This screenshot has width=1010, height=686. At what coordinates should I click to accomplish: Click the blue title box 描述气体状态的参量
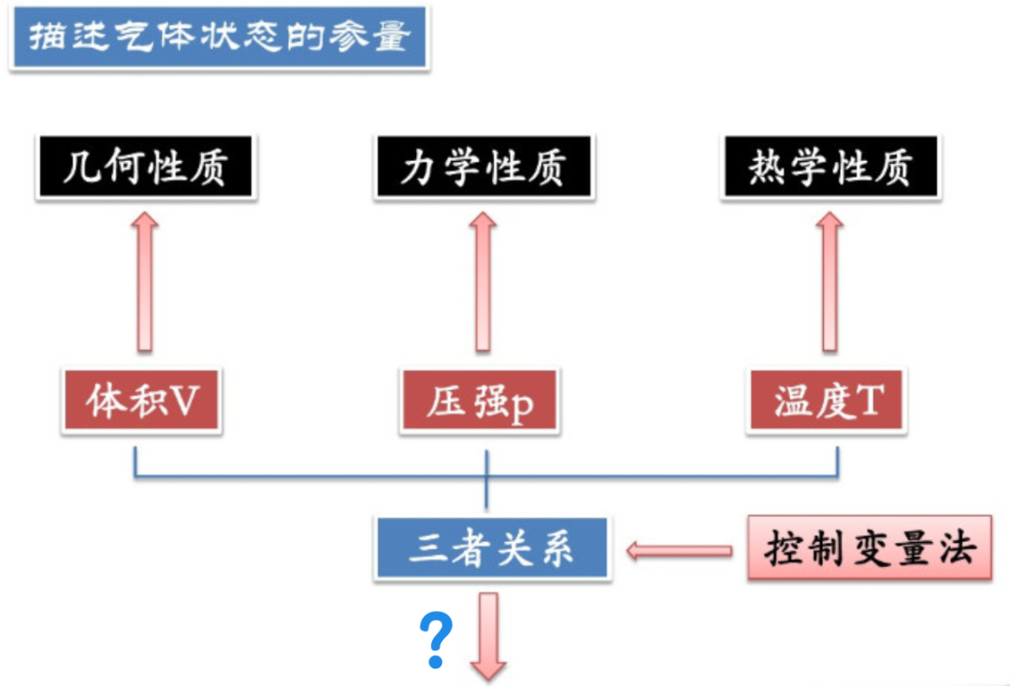click(x=219, y=37)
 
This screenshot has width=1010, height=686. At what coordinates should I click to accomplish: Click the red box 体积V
click(x=143, y=401)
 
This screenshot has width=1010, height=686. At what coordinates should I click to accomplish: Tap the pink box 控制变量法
click(x=869, y=547)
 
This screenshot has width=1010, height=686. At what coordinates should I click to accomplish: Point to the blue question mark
click(x=436, y=639)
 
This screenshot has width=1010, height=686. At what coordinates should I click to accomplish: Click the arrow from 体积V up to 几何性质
click(x=144, y=281)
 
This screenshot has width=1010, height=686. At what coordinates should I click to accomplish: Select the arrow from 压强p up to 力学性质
click(x=483, y=281)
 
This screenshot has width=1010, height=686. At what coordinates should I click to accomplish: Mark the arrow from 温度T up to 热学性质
click(x=830, y=281)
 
